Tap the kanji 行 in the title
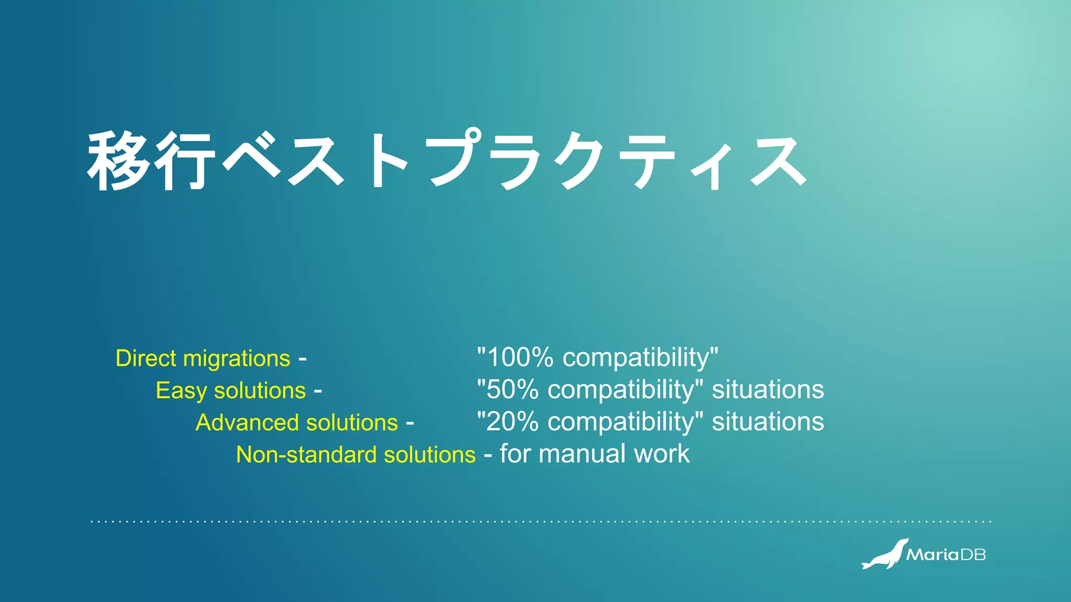[x=186, y=160]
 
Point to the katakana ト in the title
[x=387, y=160]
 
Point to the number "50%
[x=508, y=389]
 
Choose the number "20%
[x=508, y=421]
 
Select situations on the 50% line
[x=768, y=389]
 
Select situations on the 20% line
[x=768, y=421]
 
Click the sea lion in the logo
[x=885, y=555]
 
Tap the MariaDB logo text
[x=945, y=555]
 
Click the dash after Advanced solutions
[x=410, y=423]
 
